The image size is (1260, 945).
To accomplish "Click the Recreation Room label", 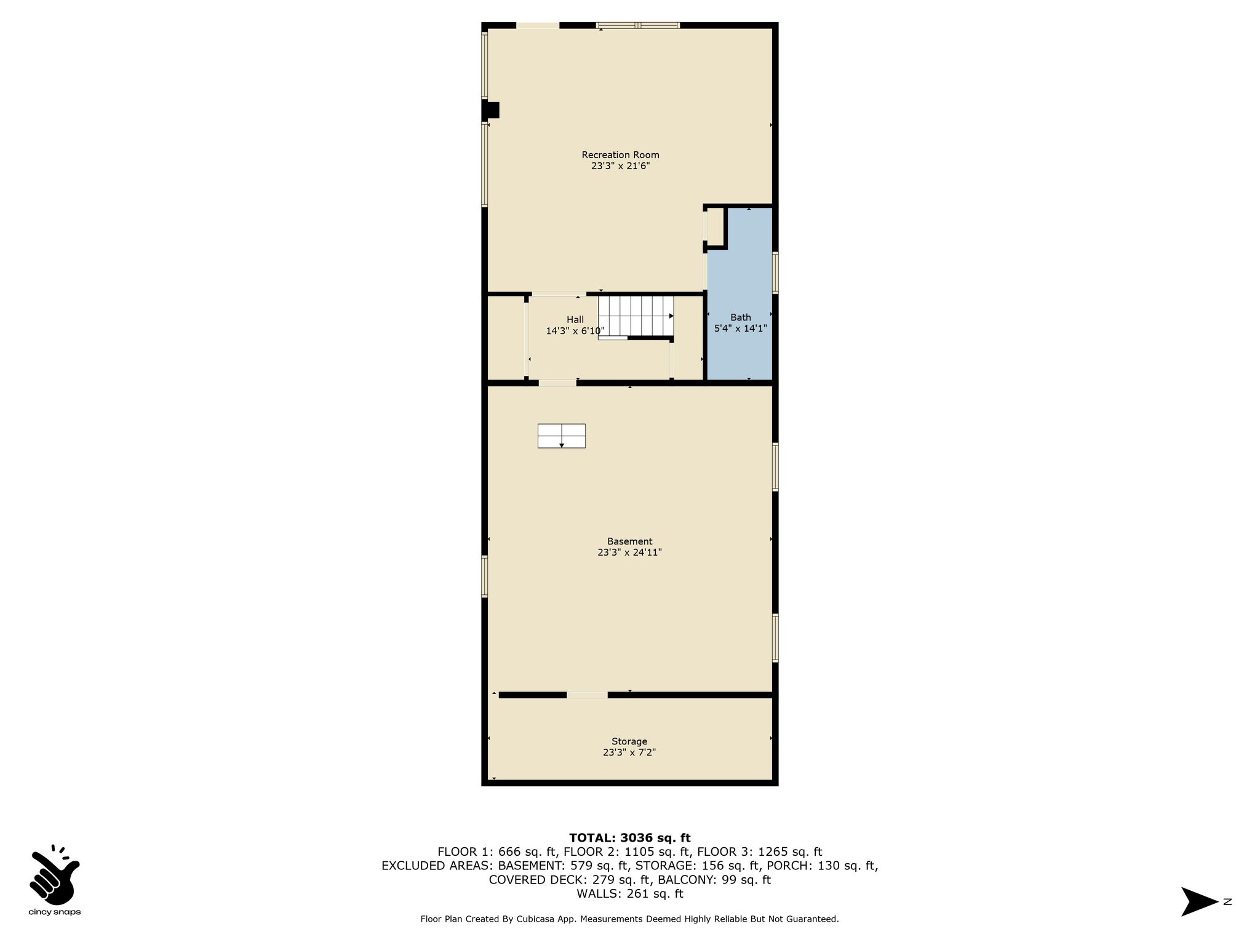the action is (x=620, y=155).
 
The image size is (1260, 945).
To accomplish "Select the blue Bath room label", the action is (x=741, y=317).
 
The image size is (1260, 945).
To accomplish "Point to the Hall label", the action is (x=575, y=319).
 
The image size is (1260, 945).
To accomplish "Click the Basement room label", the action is (x=629, y=541).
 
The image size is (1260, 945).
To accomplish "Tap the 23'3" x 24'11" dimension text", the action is (x=629, y=552).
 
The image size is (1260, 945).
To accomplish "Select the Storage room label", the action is (x=629, y=741).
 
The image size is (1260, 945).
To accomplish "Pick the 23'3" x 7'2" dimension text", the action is (x=629, y=752).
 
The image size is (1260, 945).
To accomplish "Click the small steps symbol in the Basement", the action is (x=562, y=436).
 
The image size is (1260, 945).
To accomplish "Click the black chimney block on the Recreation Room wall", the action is (x=490, y=110).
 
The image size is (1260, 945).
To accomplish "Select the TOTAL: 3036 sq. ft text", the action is (x=629, y=837).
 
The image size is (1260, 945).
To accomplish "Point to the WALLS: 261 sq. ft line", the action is (x=629, y=894).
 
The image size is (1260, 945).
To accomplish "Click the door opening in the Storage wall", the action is (x=587, y=695).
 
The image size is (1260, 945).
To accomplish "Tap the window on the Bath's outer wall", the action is (x=775, y=273).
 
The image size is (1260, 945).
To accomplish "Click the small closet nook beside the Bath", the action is (x=715, y=227).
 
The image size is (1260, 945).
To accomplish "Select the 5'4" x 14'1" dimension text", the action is (x=740, y=329).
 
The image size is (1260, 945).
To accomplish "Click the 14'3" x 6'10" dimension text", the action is (x=575, y=331).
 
